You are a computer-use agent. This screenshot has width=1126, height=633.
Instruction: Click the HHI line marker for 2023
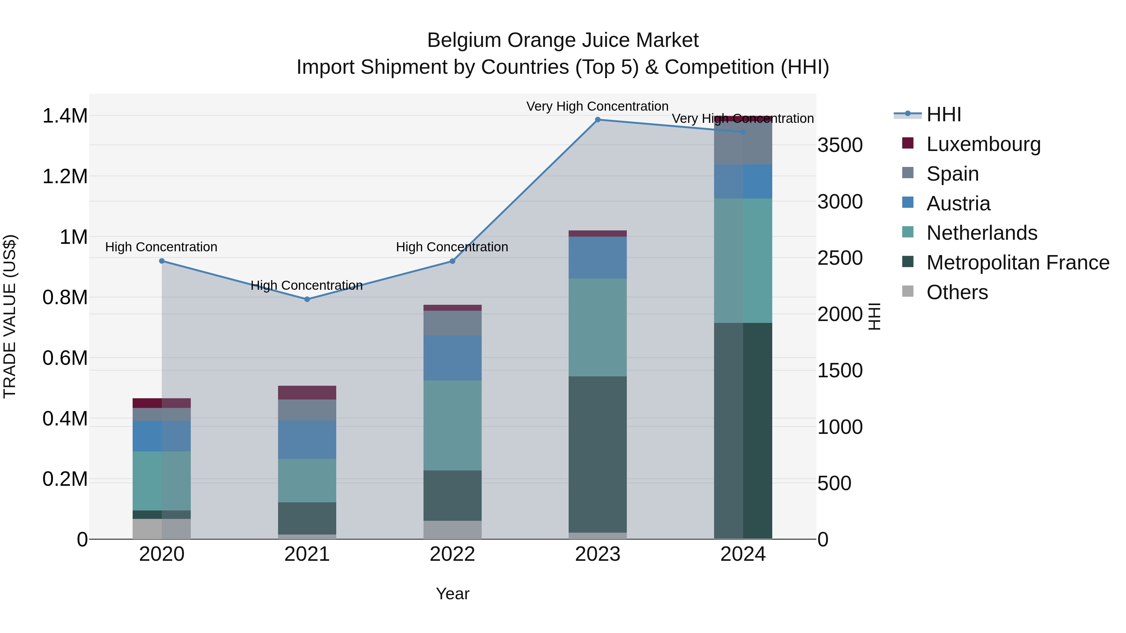click(597, 119)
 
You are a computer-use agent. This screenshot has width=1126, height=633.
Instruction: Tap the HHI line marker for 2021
click(307, 299)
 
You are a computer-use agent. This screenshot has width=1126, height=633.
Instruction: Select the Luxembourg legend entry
click(983, 144)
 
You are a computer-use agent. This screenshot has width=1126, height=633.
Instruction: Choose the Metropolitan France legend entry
click(1017, 263)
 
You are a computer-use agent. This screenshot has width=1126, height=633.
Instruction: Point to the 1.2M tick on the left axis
click(65, 177)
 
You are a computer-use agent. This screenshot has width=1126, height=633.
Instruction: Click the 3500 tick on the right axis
click(840, 145)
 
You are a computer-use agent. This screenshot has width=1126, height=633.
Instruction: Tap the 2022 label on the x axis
click(452, 554)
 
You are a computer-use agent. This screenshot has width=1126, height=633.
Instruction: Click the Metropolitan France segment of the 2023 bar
click(597, 454)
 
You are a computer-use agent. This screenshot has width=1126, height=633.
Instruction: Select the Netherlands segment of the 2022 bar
click(452, 425)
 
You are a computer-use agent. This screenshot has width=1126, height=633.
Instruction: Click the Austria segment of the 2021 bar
click(307, 440)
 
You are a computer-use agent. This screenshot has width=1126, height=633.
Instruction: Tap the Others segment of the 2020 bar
click(161, 529)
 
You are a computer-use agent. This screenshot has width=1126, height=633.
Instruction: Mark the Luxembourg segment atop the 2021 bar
click(307, 392)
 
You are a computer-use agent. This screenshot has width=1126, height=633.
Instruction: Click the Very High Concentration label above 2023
click(597, 106)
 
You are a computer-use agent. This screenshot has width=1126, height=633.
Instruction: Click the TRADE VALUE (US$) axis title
click(10, 316)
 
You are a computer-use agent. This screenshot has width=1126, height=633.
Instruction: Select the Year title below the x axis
click(452, 594)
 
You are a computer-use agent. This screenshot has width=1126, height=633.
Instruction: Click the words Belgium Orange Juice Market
click(563, 40)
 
